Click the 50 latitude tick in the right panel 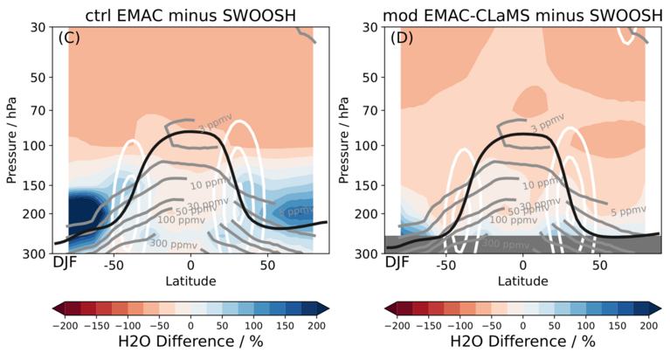click(x=599, y=264)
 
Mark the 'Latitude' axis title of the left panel click(x=190, y=280)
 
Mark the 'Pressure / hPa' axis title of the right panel click(x=349, y=140)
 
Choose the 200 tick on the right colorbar click(x=647, y=323)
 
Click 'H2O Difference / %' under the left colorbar click(x=190, y=342)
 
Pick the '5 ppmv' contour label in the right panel click(x=626, y=211)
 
